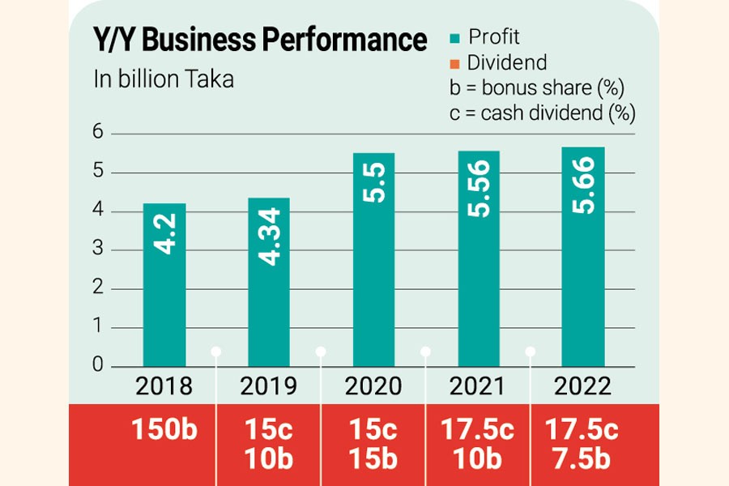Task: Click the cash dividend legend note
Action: click(x=541, y=113)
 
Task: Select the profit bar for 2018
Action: click(x=164, y=283)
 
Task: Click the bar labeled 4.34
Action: click(x=268, y=282)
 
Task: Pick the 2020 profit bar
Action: click(x=373, y=259)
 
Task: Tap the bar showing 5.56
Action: click(x=478, y=258)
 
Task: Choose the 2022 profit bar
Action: click(x=583, y=256)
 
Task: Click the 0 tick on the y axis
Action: click(x=97, y=366)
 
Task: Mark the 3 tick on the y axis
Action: click(x=97, y=249)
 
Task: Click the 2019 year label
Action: click(x=268, y=386)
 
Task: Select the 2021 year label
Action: click(x=478, y=386)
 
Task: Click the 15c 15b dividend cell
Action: click(x=373, y=444)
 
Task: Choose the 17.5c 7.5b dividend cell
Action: click(x=582, y=444)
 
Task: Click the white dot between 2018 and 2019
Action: click(x=216, y=351)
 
